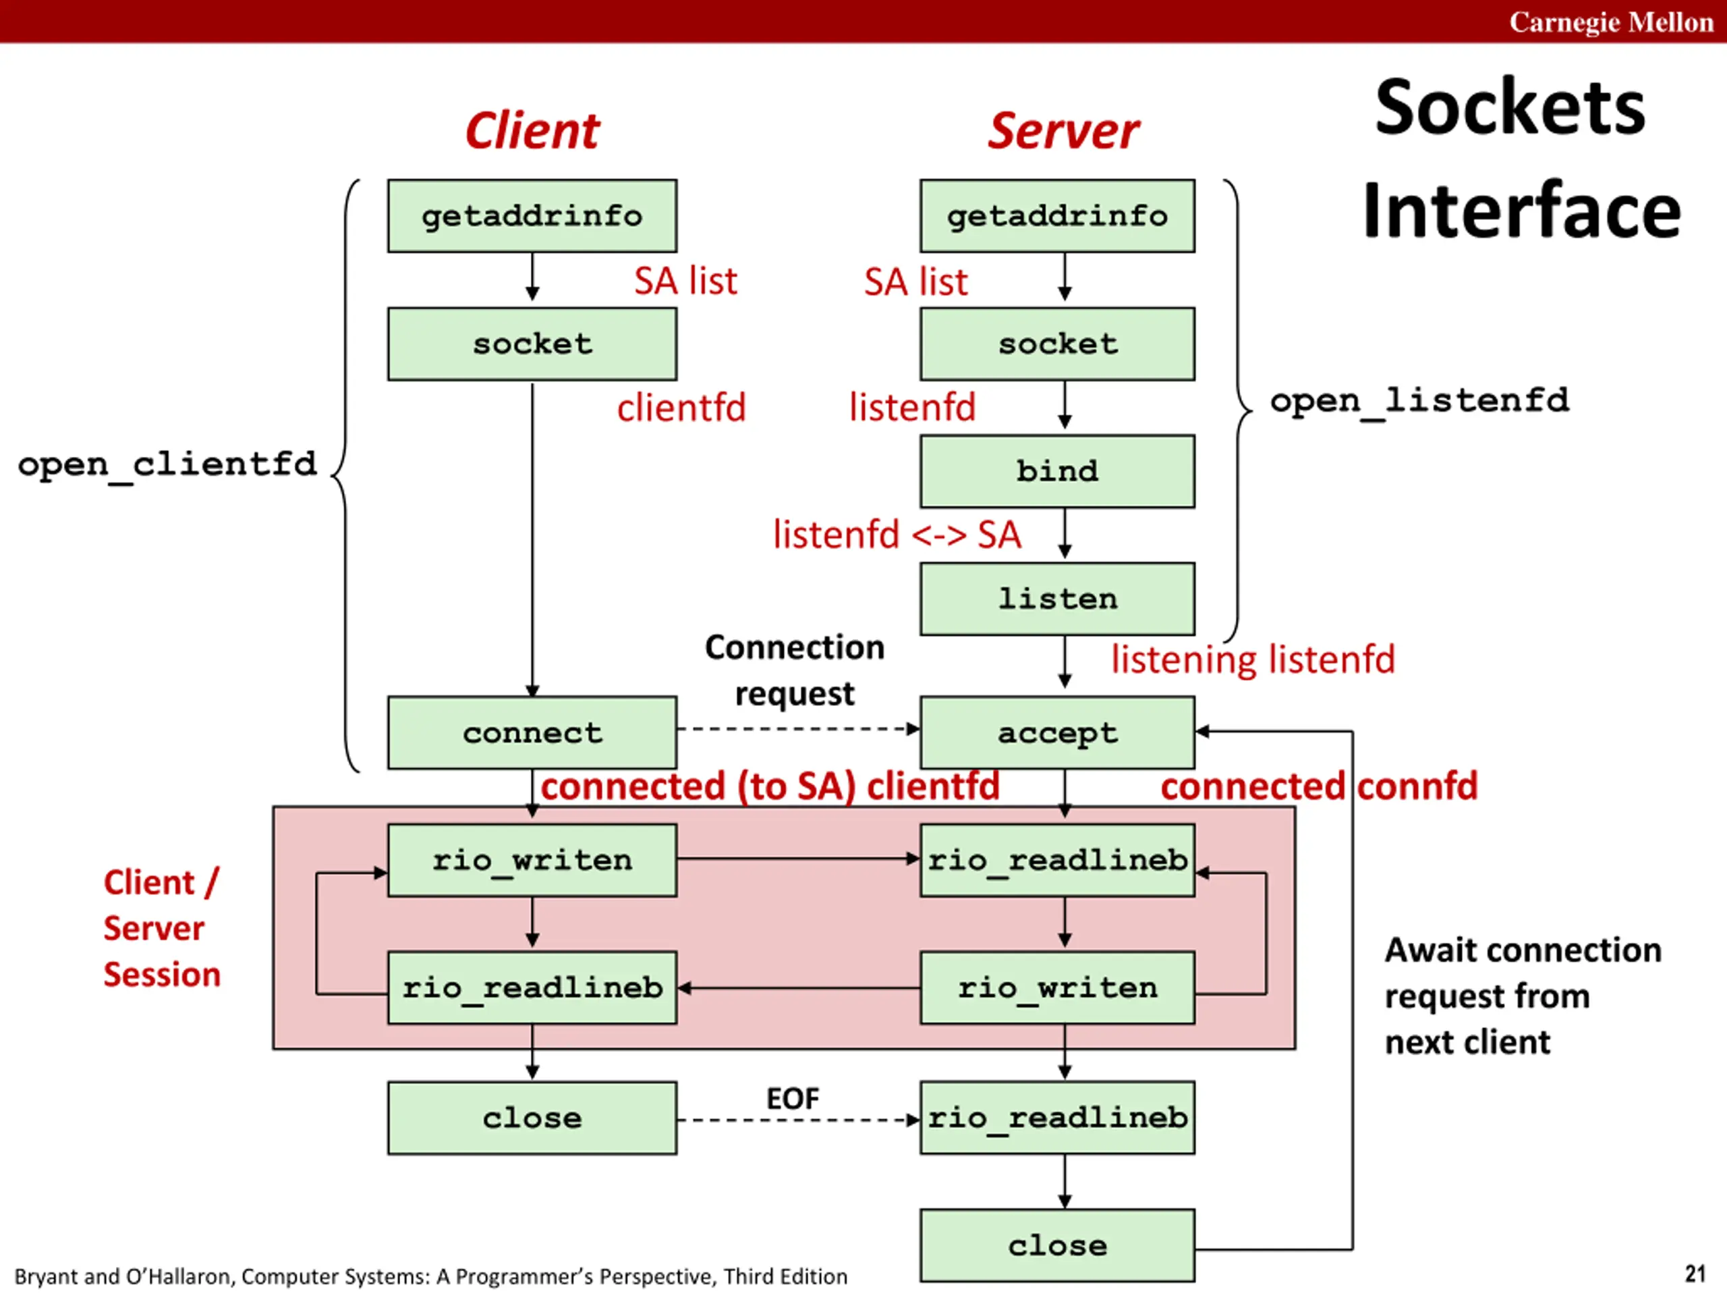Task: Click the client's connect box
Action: click(532, 732)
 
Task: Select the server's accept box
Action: click(1056, 732)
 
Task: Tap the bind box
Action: click(1056, 471)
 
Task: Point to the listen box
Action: click(1056, 599)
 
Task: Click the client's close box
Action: click(532, 1117)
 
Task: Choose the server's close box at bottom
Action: click(1056, 1245)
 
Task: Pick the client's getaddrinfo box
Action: click(532, 215)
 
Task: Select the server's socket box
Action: click(1056, 344)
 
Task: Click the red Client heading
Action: click(532, 130)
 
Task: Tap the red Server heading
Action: click(1063, 130)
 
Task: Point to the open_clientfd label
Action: click(167, 464)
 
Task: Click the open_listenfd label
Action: click(1419, 401)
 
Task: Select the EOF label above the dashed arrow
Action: click(793, 1098)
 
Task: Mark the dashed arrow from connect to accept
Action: click(796, 729)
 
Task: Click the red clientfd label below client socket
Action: click(681, 408)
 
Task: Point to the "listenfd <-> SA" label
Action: click(897, 535)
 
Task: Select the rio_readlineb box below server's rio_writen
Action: click(1056, 1117)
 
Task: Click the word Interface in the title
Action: click(1521, 211)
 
